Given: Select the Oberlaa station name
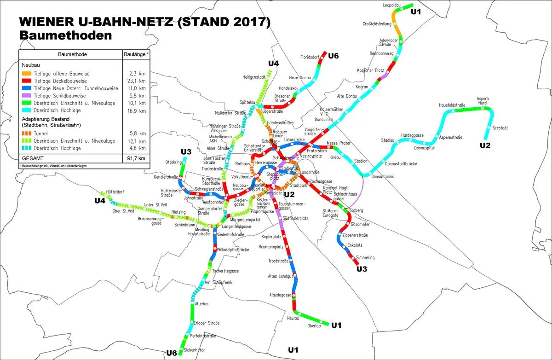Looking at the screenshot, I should [314, 326].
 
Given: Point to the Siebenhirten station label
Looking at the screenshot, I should [195, 350].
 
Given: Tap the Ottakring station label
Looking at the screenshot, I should [173, 162].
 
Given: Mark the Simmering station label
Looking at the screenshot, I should [365, 257].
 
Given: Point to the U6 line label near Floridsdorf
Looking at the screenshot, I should [333, 56].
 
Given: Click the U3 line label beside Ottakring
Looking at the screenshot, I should [186, 152].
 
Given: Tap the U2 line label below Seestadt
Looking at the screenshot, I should [485, 145].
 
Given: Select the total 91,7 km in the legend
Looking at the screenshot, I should [138, 158].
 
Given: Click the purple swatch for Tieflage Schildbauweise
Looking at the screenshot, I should [26, 96].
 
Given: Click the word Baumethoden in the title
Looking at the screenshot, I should [65, 35].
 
